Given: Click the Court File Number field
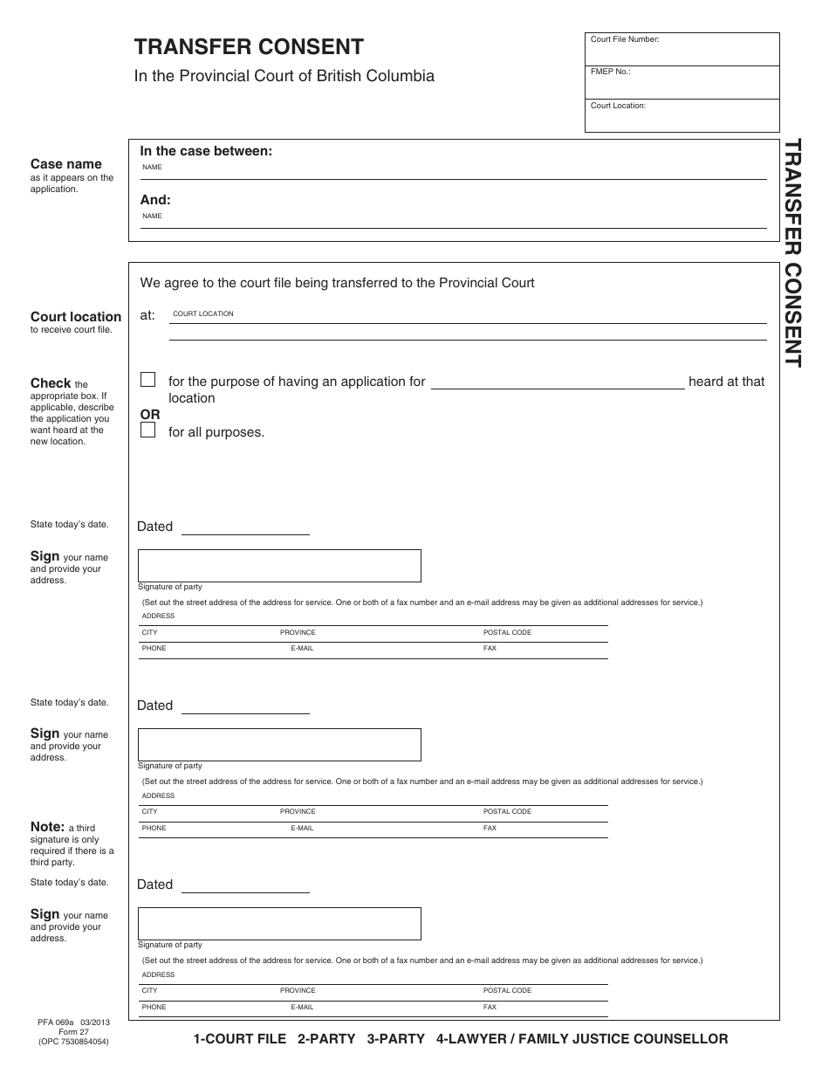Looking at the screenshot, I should [682, 50].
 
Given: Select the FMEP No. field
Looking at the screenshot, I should [682, 83].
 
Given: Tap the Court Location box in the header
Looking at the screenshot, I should [682, 116].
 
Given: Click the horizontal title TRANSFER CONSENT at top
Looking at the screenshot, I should [249, 47].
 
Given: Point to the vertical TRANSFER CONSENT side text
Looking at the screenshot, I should [792, 252].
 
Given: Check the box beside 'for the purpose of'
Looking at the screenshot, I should [148, 380].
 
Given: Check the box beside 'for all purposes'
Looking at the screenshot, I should [148, 430].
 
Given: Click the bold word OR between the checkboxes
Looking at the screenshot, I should [150, 414].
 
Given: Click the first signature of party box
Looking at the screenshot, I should [279, 566].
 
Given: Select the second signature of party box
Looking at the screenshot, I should [279, 745].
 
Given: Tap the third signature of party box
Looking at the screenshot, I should [279, 924].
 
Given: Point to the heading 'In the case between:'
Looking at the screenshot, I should [206, 151].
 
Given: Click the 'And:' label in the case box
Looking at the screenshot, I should [155, 200].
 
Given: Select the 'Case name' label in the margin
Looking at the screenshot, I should [65, 164].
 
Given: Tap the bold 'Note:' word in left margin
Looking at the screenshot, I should [47, 827].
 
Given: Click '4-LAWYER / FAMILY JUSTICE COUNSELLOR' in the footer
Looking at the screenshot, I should [581, 1039].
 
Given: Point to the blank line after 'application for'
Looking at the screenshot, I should [558, 382].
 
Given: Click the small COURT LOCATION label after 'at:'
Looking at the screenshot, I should [203, 313].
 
